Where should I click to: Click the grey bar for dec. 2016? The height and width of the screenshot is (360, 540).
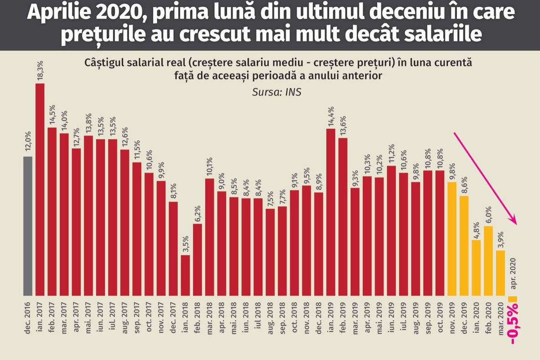point(28,226)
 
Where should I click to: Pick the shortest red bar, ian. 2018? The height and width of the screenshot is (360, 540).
point(185,275)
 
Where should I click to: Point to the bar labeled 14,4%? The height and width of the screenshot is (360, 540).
point(331,212)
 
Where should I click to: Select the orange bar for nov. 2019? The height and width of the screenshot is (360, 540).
point(452,238)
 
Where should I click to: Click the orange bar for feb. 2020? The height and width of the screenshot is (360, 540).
point(488,261)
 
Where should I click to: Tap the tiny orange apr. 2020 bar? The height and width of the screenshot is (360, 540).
point(512,298)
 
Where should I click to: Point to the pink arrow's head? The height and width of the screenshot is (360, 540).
point(515,221)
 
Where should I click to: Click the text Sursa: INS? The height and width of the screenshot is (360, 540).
point(276,92)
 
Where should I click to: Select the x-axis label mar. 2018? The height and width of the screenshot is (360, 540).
point(210,322)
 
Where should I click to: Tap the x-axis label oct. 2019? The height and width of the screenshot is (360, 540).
point(440,322)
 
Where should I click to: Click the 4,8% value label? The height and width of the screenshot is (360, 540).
point(476,228)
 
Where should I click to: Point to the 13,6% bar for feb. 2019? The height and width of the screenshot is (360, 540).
point(343,216)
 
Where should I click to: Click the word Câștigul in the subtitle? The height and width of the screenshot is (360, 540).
point(107,63)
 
